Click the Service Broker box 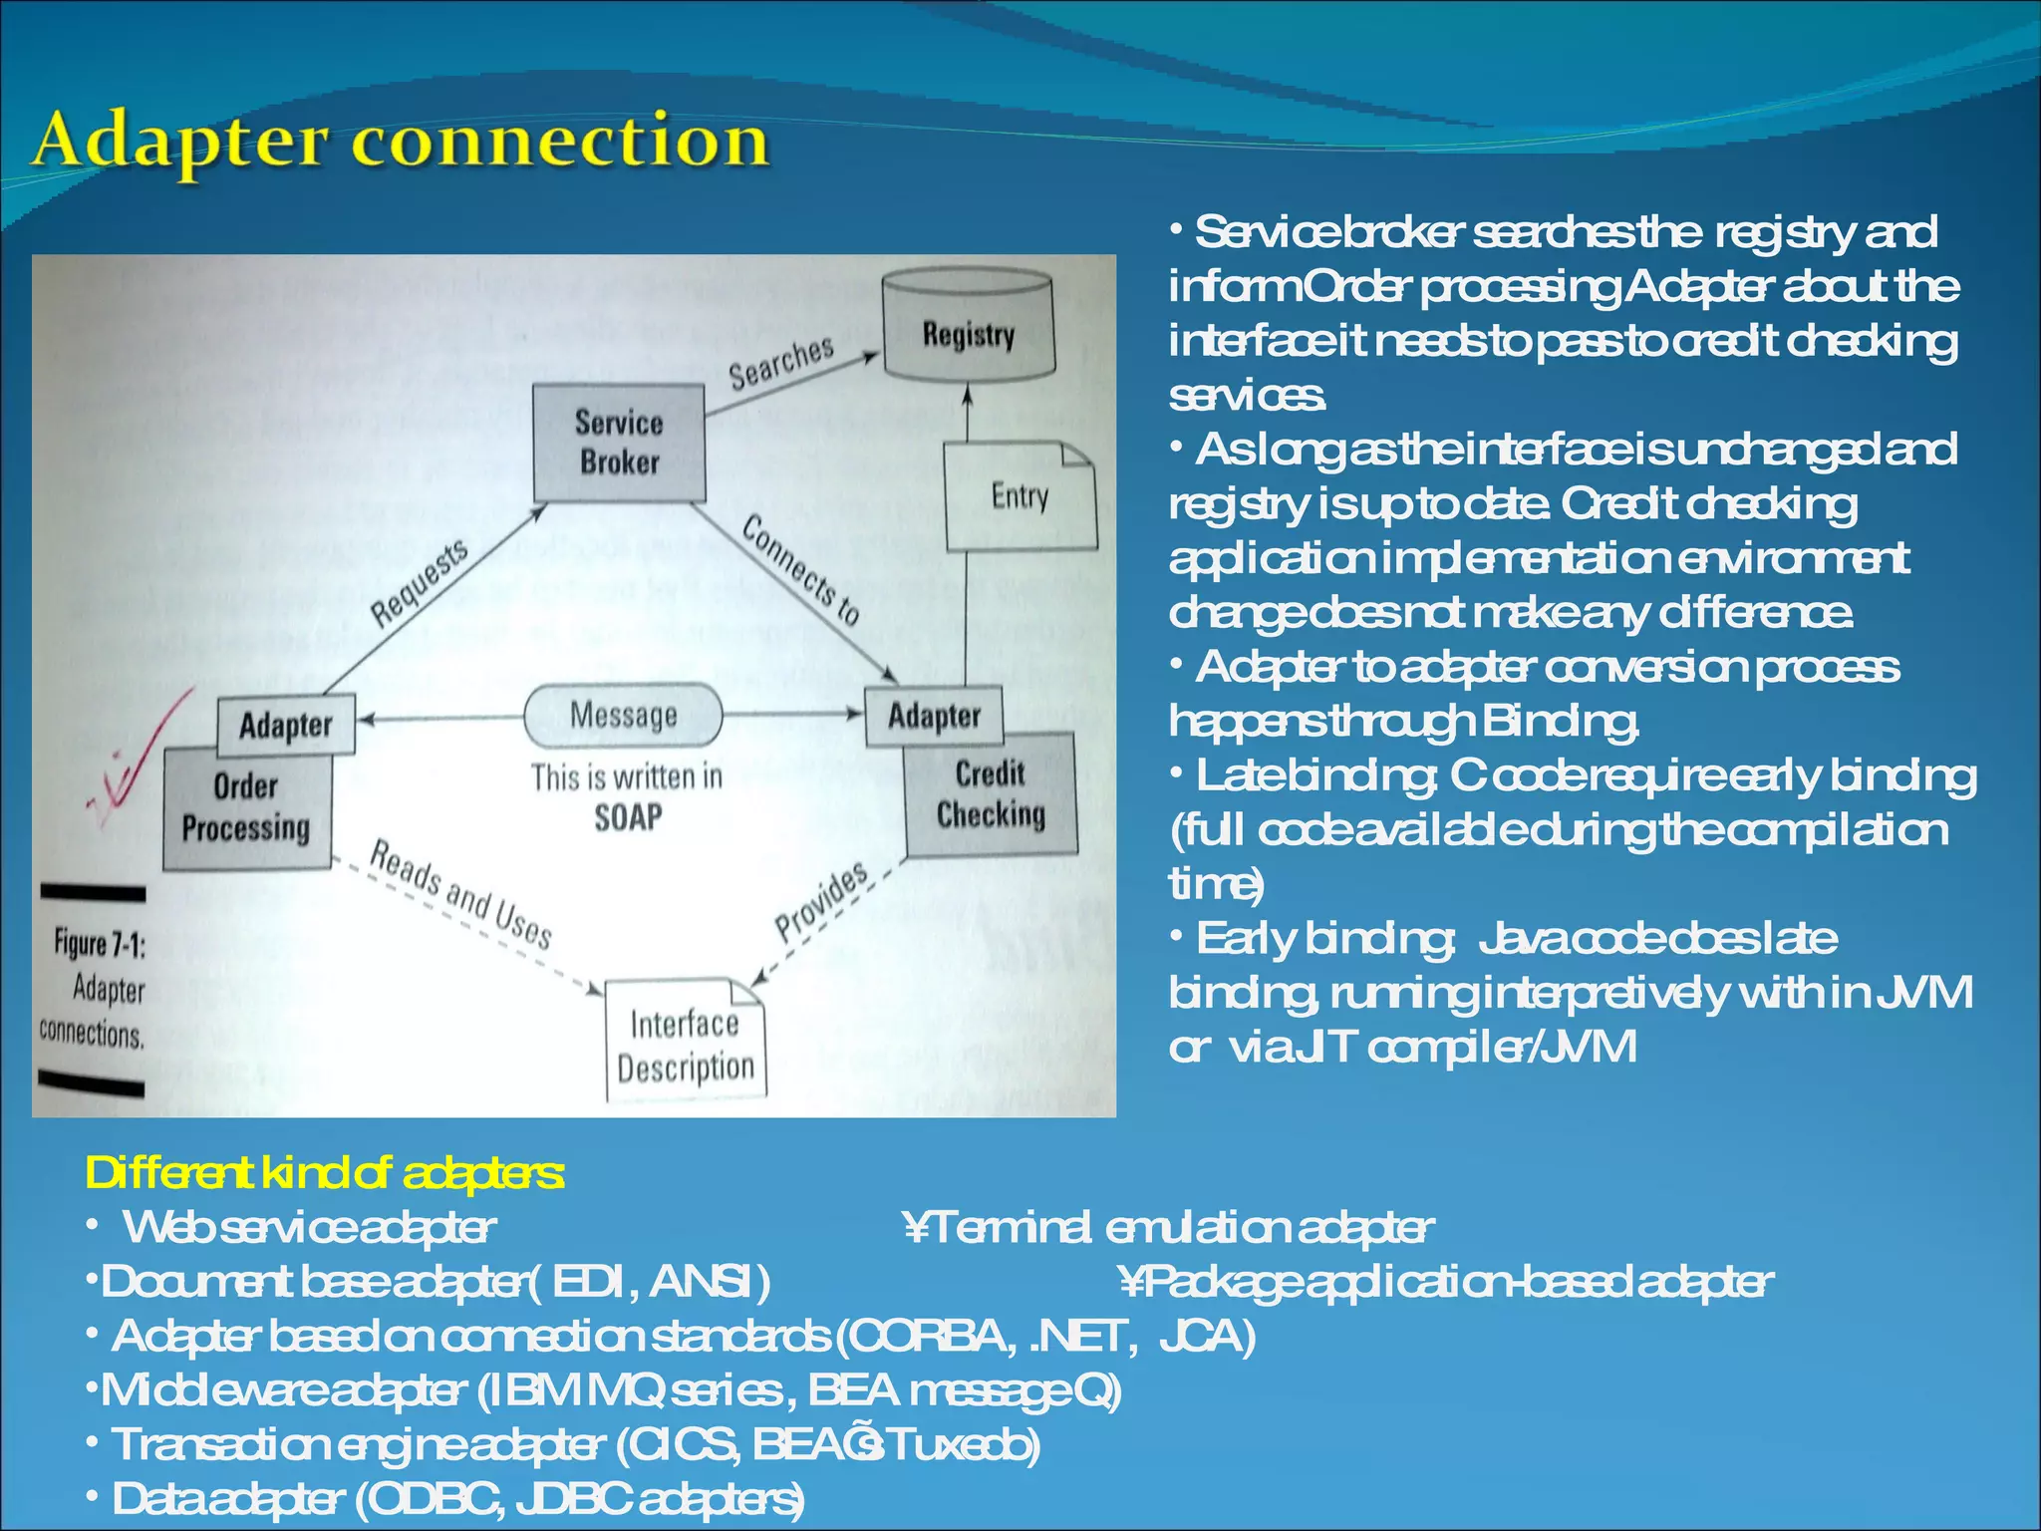pos(619,443)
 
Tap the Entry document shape pos(1020,496)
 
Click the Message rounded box pos(623,715)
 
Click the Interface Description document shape pos(685,1043)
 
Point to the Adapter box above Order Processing pos(285,725)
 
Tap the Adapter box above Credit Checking pos(934,716)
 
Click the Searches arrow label pos(780,363)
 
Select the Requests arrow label pos(420,584)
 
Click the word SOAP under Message pos(628,818)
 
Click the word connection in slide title pos(560,141)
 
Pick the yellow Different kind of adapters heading pos(325,1173)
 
